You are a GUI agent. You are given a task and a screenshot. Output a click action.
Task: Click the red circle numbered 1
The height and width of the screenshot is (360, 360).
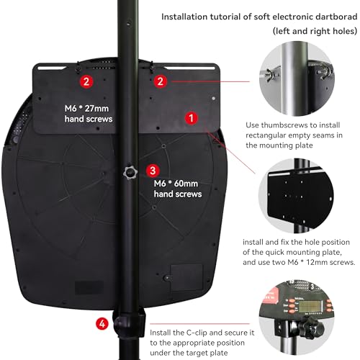(x=191, y=118)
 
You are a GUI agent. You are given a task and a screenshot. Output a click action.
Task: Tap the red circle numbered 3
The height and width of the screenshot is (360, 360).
(x=153, y=171)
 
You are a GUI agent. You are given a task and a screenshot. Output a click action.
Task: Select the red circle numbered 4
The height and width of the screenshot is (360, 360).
(x=102, y=324)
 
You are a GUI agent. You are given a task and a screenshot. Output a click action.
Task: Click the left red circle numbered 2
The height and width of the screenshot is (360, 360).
(x=86, y=81)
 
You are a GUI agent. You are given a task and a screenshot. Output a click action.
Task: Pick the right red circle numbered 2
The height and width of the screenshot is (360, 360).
(x=161, y=81)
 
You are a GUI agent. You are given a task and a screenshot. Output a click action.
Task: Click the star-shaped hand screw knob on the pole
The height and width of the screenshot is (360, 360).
(x=130, y=172)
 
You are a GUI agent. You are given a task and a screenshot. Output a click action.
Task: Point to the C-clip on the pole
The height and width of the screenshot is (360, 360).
(x=129, y=323)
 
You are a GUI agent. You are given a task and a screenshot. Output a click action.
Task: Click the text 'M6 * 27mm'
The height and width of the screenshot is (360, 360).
(x=86, y=109)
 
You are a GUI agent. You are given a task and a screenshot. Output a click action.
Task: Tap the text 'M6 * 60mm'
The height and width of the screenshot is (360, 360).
(x=176, y=184)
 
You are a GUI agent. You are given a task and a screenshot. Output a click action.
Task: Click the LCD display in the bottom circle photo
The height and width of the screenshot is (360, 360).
(x=310, y=306)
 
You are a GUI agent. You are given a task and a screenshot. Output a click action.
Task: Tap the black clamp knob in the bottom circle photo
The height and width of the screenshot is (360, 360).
(x=312, y=327)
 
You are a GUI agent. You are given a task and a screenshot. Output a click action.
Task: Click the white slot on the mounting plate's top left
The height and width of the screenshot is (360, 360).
(x=52, y=68)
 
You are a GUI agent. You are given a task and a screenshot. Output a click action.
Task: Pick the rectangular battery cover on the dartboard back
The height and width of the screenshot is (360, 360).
(x=186, y=277)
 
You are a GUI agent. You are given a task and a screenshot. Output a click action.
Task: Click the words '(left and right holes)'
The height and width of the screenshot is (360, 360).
(x=315, y=31)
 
